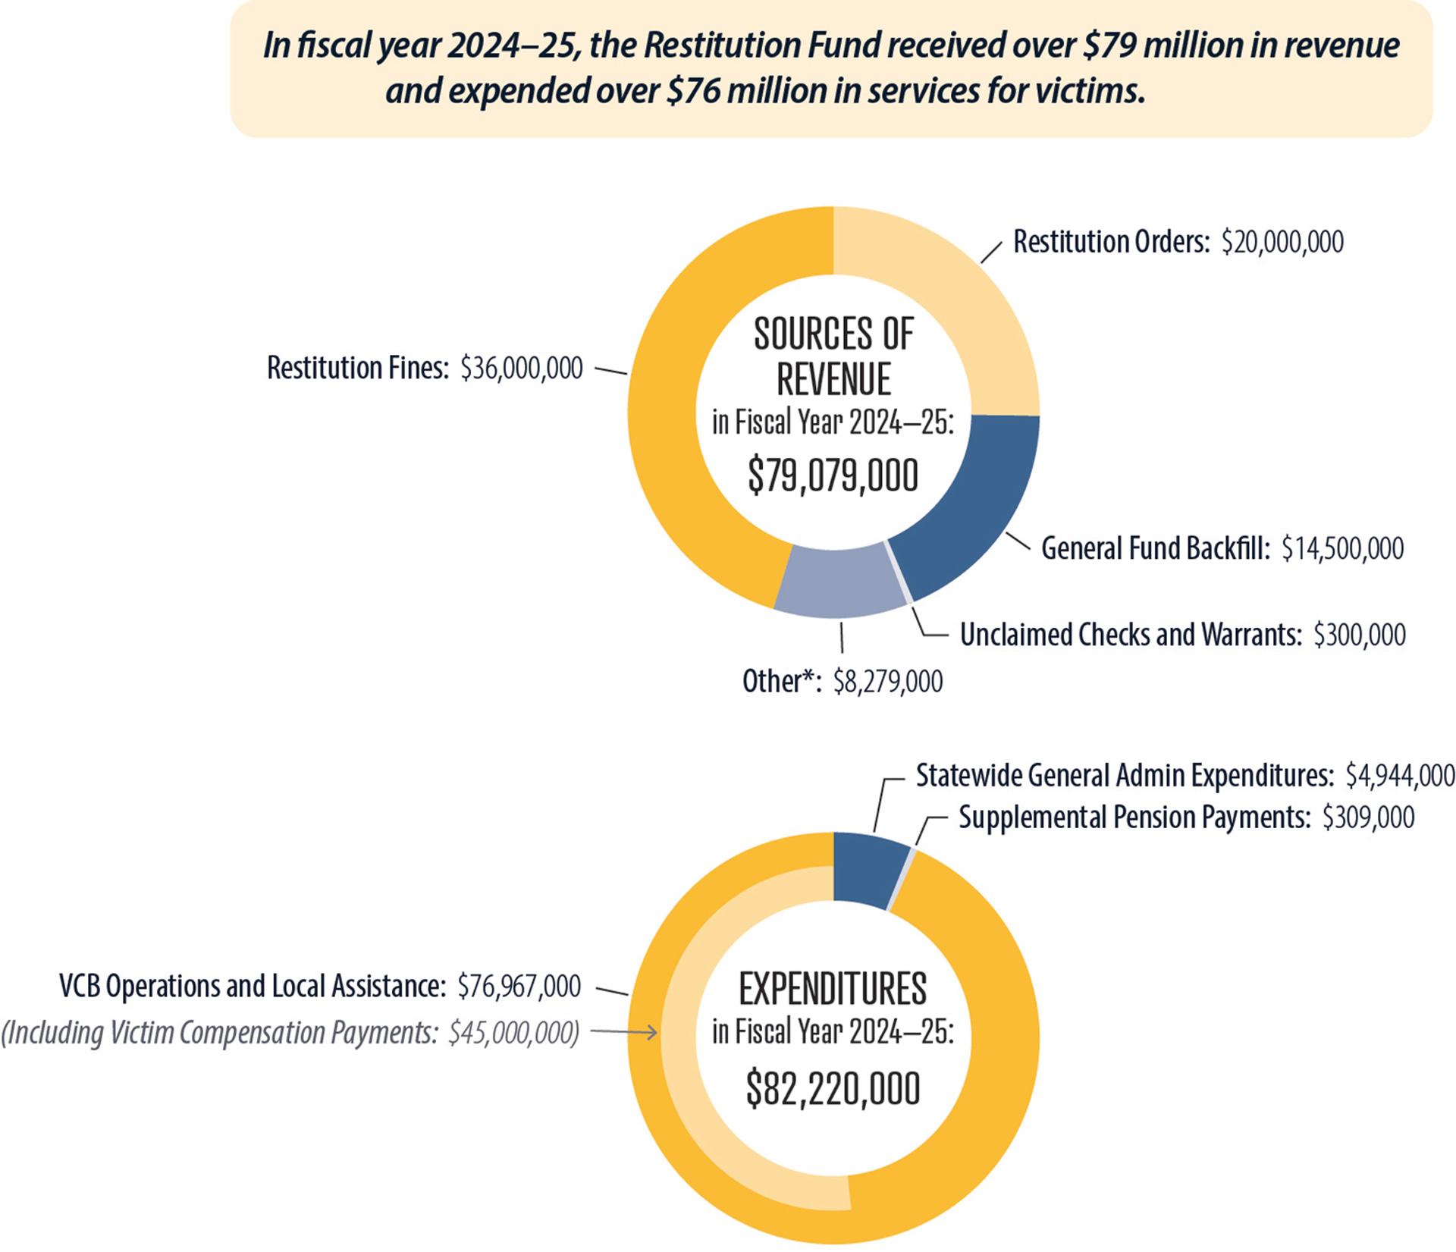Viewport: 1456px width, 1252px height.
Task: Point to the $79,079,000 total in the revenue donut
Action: [833, 476]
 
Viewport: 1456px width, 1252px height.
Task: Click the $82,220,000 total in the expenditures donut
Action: [833, 1089]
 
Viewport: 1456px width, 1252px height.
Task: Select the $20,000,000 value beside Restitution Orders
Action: [1282, 242]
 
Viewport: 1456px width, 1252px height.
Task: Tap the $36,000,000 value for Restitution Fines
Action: [522, 368]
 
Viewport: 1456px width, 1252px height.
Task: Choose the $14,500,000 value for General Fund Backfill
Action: [1342, 548]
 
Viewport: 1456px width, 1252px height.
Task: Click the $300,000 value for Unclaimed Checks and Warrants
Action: [1360, 635]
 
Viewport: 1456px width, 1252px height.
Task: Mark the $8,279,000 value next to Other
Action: [887, 682]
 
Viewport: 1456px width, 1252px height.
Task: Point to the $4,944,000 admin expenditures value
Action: [1400, 775]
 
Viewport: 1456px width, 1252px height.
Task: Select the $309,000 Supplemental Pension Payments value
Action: [1368, 817]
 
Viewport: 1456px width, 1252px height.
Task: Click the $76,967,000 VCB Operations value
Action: [519, 986]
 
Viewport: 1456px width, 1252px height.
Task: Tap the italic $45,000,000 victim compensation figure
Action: [513, 1032]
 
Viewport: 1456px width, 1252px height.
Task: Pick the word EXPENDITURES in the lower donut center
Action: [833, 989]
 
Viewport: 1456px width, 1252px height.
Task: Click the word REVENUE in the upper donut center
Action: [833, 379]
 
